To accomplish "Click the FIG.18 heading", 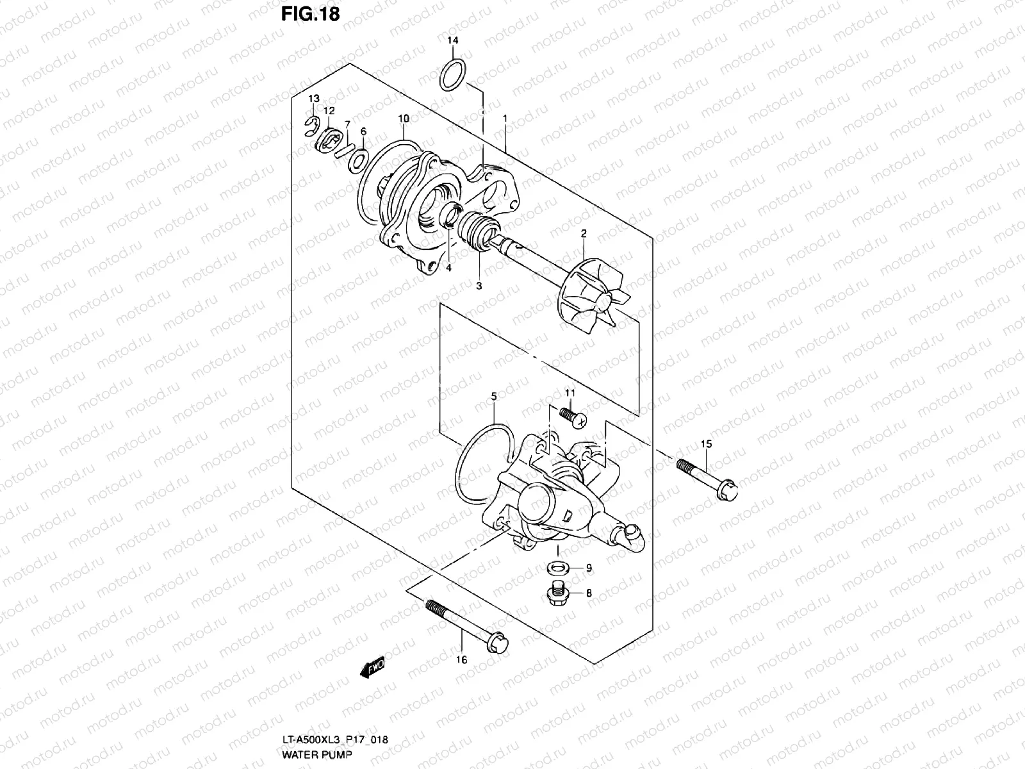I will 310,14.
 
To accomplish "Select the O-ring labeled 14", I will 453,76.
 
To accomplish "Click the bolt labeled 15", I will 707,477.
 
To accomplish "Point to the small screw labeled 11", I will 573,416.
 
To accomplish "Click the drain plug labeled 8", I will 557,594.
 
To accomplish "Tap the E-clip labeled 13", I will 311,125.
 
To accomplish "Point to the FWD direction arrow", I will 372,669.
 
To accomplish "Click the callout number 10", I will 403,119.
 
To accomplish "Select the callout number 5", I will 494,397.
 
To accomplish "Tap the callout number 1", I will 505,119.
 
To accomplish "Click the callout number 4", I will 448,268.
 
